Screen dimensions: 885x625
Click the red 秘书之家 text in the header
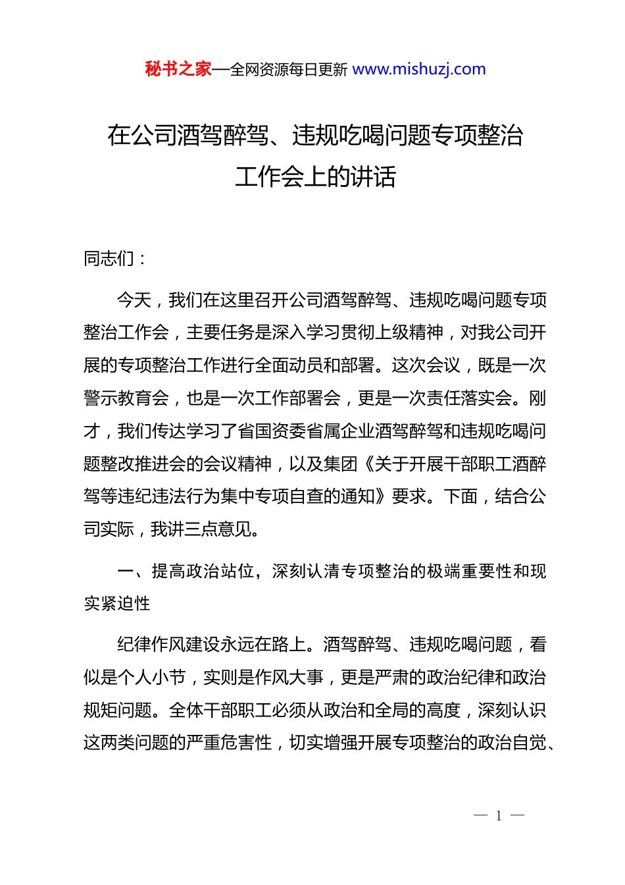(178, 69)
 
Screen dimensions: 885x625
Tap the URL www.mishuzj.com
(419, 69)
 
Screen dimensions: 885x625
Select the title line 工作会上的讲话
(315, 176)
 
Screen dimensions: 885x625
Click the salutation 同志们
(109, 259)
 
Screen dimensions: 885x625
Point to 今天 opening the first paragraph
(134, 300)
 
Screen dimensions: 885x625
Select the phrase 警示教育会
(126, 398)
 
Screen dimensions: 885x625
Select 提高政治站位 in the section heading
(203, 571)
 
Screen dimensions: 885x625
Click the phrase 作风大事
(297, 678)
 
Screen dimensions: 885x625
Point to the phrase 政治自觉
(512, 743)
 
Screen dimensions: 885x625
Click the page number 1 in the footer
(499, 816)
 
